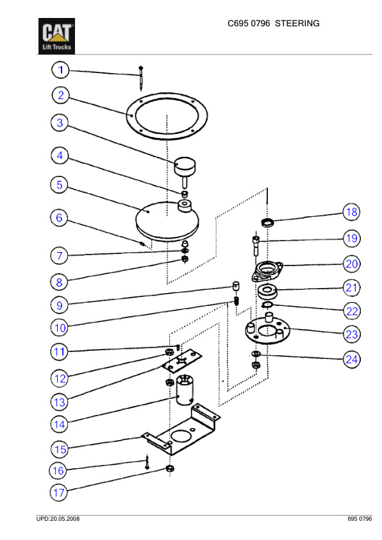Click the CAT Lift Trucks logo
pos(56,36)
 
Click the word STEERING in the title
pos(297,24)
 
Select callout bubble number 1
pos(61,70)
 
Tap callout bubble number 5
pos(60,184)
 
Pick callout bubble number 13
pos(60,402)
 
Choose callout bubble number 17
pos(59,493)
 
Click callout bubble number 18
pos(351,212)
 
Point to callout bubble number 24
pos(352,360)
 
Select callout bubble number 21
pos(351,287)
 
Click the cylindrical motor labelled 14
pos(185,389)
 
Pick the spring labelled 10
pos(237,301)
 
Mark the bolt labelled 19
pos(256,245)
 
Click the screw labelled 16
pos(147,462)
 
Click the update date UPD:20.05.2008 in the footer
pos(58,519)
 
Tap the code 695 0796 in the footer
pos(360,519)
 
